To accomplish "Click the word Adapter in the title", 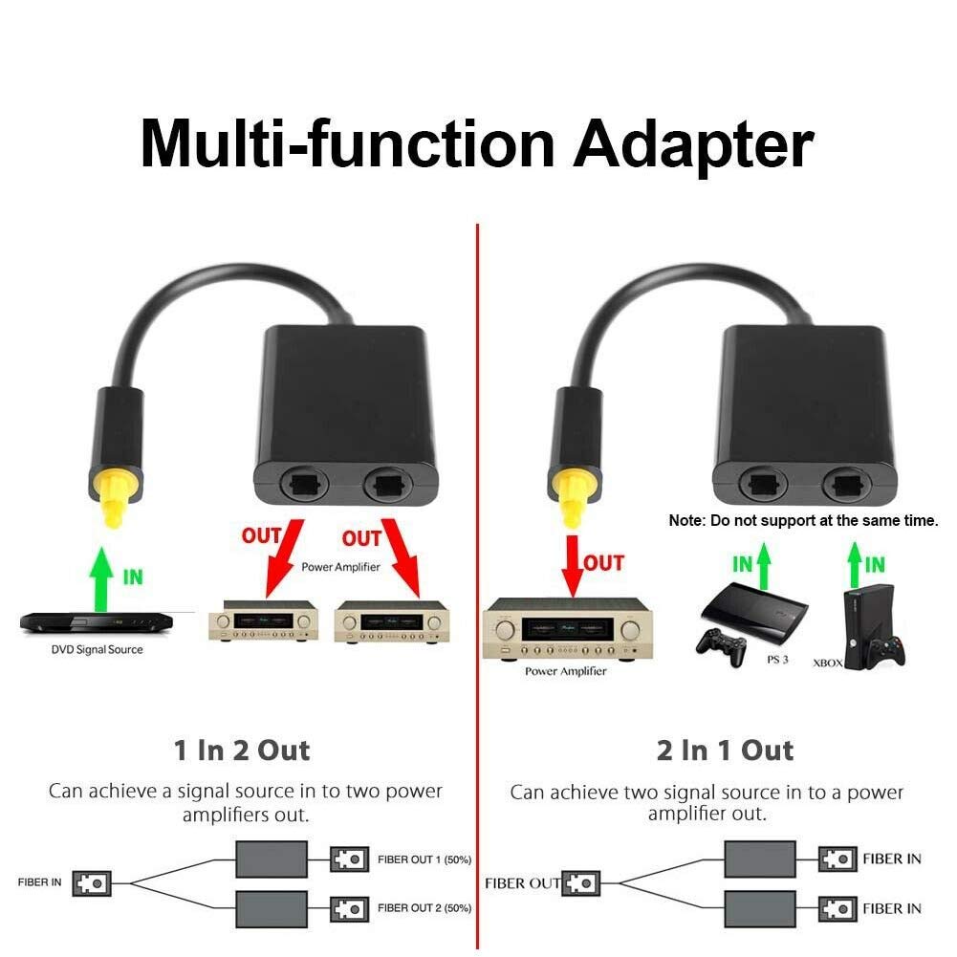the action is [x=693, y=145].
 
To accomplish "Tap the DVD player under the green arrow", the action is [x=97, y=623].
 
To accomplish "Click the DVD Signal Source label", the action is [x=98, y=649].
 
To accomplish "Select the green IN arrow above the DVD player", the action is [x=101, y=578].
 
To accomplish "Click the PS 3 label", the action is [x=777, y=660].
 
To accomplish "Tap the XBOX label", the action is [x=828, y=663].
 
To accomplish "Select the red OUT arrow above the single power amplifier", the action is [x=573, y=566].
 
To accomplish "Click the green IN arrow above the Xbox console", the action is [x=855, y=565].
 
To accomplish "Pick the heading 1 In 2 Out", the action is [x=242, y=750].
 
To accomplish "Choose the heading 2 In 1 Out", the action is [x=725, y=750].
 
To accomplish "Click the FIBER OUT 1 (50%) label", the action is [x=424, y=859].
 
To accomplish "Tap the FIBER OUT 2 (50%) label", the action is [x=424, y=908].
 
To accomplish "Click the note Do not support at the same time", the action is [x=803, y=521].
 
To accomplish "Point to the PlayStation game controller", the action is [x=722, y=647].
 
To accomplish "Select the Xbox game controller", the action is [x=886, y=651].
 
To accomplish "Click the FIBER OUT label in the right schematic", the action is [x=522, y=883].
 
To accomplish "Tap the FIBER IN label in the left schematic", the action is [x=39, y=882].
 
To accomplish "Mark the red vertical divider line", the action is [x=477, y=586].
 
